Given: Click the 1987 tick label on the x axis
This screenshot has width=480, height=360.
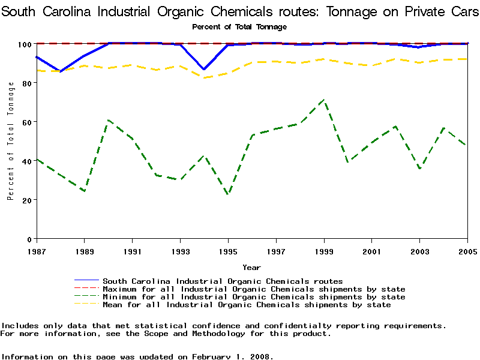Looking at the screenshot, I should pos(36,250).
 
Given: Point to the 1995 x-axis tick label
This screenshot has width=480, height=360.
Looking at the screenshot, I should pos(228,250).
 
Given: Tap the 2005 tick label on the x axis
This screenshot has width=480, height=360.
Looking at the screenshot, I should pos(467,250).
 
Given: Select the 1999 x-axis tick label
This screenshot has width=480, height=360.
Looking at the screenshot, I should pos(324,250).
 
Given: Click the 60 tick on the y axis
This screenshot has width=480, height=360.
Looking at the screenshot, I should pos(27,122).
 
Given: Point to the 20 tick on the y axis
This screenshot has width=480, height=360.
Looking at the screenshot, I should pos(27,200).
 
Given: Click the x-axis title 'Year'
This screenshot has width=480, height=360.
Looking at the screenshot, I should pos(251,267).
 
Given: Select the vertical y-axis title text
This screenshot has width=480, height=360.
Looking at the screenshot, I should pos(11,141).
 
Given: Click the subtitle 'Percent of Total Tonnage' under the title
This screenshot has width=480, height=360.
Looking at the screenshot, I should pos(239,27).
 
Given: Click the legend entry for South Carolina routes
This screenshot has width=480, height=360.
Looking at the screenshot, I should pos(223,281).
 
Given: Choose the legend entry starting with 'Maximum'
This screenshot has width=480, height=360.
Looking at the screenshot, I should pos(254,289).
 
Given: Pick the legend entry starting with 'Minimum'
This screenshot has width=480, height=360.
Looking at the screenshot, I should pos(254,297).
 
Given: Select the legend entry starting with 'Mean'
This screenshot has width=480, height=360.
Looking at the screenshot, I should pos(247,305).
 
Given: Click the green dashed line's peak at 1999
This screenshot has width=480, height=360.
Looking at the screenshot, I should pos(324,100).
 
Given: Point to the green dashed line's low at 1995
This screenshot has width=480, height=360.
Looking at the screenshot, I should pos(228,194).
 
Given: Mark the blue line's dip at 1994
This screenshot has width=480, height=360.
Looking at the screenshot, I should pos(204,70).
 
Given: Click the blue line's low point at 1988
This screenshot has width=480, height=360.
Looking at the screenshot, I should pos(60,71).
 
